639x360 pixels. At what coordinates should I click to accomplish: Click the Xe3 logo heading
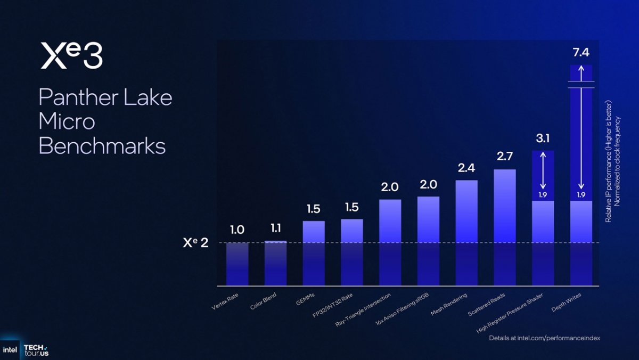[71, 55]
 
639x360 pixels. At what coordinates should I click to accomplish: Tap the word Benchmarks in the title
[102, 146]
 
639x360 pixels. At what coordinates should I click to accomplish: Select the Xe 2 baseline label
[196, 243]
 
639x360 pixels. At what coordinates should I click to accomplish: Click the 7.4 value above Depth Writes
[581, 53]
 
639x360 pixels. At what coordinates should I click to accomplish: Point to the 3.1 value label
[543, 138]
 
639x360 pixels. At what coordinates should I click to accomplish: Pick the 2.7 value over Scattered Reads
[505, 157]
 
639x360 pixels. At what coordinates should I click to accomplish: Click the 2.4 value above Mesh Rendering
[466, 168]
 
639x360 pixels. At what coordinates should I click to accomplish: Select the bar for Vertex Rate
[237, 264]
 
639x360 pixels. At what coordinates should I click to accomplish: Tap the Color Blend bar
[276, 263]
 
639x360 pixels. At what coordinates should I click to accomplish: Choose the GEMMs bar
[314, 253]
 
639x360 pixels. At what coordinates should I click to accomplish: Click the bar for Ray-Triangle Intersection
[390, 242]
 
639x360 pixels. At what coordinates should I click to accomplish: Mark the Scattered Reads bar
[505, 227]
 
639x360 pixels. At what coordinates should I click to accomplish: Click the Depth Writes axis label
[566, 302]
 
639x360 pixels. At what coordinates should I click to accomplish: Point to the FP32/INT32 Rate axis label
[333, 306]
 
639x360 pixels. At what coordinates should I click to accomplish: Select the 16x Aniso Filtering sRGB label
[402, 309]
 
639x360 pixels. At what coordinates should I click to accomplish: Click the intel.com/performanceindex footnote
[545, 338]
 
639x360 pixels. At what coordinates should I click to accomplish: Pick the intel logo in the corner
[10, 350]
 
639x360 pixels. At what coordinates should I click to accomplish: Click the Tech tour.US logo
[36, 350]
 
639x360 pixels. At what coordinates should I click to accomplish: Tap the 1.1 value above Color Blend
[276, 228]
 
